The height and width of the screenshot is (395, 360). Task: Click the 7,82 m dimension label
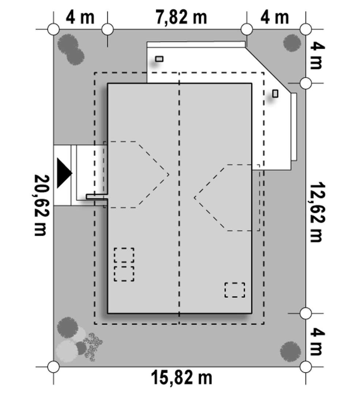pyautogui.click(x=181, y=17)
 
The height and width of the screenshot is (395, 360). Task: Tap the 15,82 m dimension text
pyautogui.click(x=181, y=377)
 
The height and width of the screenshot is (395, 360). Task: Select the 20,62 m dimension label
pyautogui.click(x=42, y=205)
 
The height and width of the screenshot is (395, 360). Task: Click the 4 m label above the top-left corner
pyautogui.click(x=80, y=17)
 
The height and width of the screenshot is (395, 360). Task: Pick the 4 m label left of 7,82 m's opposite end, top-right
pyautogui.click(x=275, y=17)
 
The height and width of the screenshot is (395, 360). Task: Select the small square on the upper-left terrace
pyautogui.click(x=159, y=59)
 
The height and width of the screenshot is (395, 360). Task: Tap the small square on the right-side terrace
pyautogui.click(x=275, y=94)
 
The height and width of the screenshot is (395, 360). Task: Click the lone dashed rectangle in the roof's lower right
pyautogui.click(x=235, y=290)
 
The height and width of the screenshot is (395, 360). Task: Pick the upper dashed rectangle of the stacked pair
pyautogui.click(x=124, y=255)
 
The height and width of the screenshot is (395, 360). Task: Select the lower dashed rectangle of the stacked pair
pyautogui.click(x=124, y=274)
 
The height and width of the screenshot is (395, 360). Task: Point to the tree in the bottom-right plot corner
pyautogui.click(x=290, y=351)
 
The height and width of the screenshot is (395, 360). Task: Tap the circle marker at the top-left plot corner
pyautogui.click(x=53, y=30)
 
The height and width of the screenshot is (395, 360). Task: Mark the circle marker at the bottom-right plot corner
pyautogui.click(x=305, y=367)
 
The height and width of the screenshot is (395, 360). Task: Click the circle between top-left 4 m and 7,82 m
pyautogui.click(x=108, y=30)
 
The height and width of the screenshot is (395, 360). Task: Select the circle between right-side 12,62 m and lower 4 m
pyautogui.click(x=305, y=313)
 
